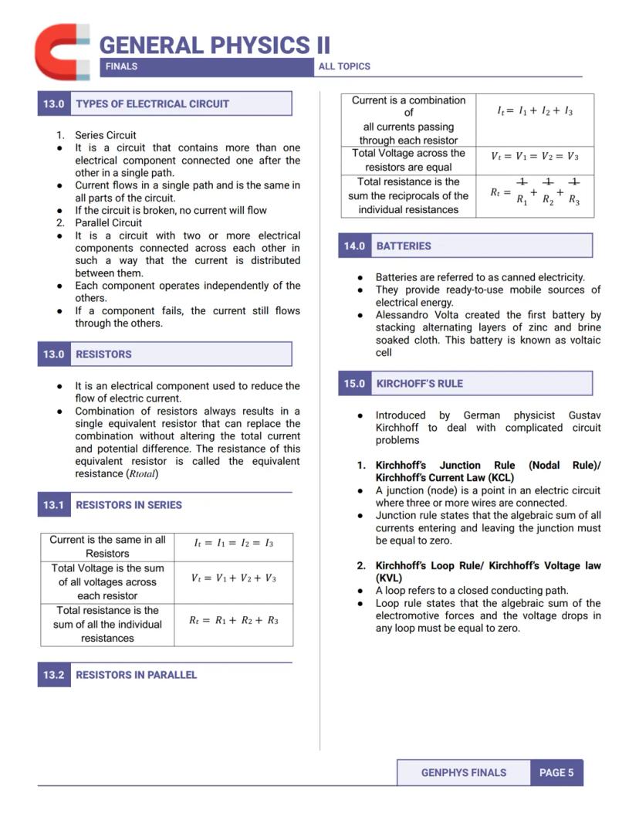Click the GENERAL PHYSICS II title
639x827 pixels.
215,45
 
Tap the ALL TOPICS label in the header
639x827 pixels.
344,66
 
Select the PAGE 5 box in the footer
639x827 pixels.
556,772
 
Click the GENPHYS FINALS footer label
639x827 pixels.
464,772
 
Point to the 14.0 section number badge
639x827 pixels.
354,246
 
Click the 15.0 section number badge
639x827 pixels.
354,383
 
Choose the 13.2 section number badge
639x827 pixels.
53,674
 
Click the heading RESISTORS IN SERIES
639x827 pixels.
129,505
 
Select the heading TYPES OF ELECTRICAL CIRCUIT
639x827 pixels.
152,103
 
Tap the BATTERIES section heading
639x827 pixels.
404,246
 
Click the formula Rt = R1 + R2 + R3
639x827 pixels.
234,620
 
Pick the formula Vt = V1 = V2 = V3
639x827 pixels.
535,156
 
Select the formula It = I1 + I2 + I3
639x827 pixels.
535,111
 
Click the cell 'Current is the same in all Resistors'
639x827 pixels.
107,547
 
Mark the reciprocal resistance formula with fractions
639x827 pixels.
535,191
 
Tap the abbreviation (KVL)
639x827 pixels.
388,578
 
